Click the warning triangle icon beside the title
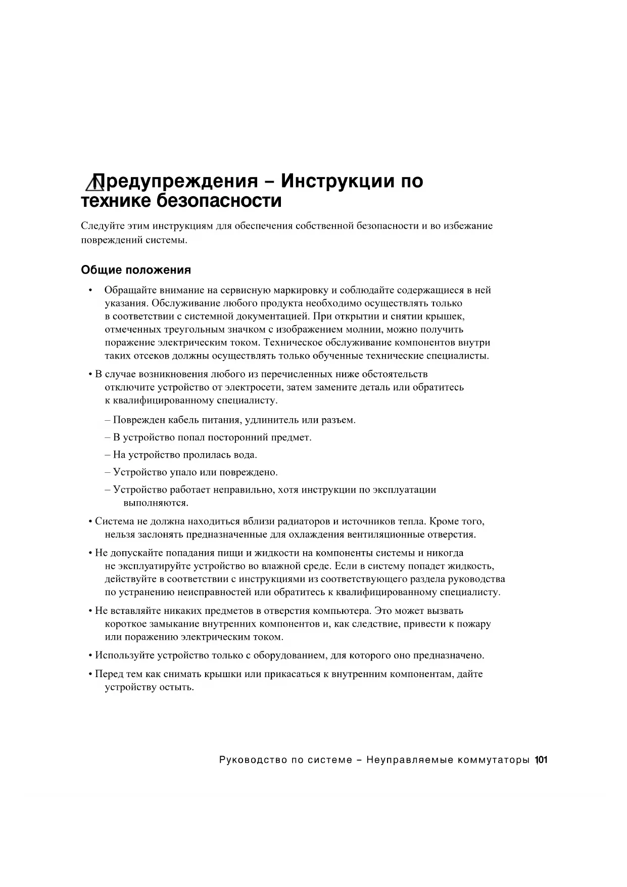[94, 183]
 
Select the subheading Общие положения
[136, 270]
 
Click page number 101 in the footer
[541, 760]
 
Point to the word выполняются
[156, 503]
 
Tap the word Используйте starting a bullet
[125, 656]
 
